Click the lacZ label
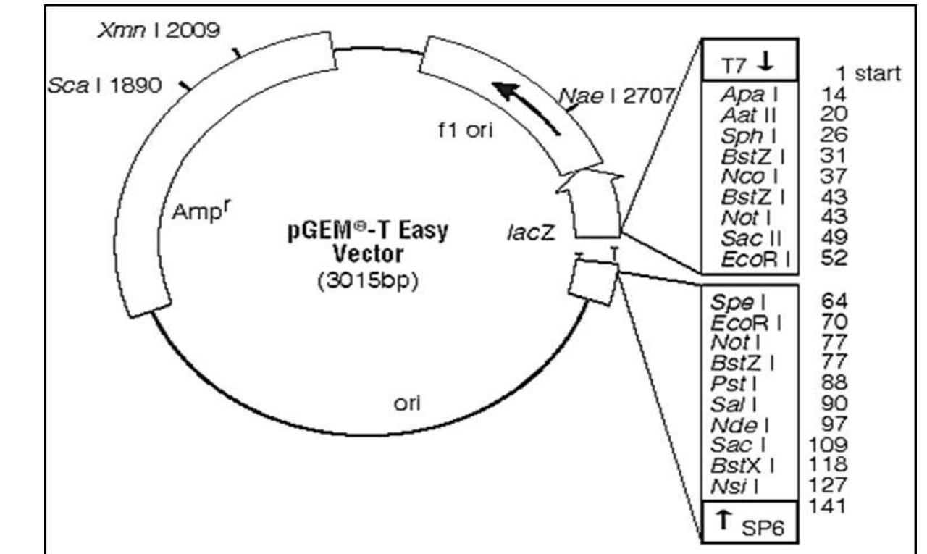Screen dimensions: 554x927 pyautogui.click(x=532, y=232)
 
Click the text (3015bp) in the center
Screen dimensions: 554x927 pyautogui.click(x=368, y=281)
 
